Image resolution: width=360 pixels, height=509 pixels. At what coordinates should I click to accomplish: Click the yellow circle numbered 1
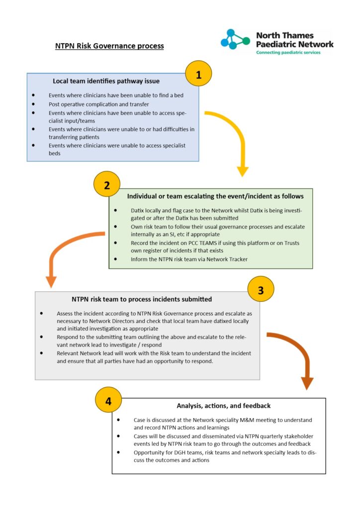(198, 74)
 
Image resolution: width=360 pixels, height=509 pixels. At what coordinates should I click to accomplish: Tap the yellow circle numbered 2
(107, 184)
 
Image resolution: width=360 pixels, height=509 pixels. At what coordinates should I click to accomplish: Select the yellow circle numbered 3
(261, 289)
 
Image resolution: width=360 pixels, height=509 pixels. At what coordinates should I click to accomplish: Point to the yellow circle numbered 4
(108, 400)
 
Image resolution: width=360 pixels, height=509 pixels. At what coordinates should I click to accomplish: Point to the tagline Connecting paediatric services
(288, 53)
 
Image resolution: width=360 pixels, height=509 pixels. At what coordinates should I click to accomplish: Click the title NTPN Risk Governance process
(109, 46)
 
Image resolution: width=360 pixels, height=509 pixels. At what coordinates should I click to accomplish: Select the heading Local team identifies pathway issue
(106, 81)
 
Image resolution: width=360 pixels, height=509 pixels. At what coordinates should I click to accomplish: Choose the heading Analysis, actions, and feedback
(223, 406)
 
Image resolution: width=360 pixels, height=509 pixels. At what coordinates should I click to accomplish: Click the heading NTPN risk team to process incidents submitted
(142, 299)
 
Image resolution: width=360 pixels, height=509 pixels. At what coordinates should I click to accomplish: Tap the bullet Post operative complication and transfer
(98, 104)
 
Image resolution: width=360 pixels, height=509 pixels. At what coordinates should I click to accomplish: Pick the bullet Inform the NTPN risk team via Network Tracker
(189, 259)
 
